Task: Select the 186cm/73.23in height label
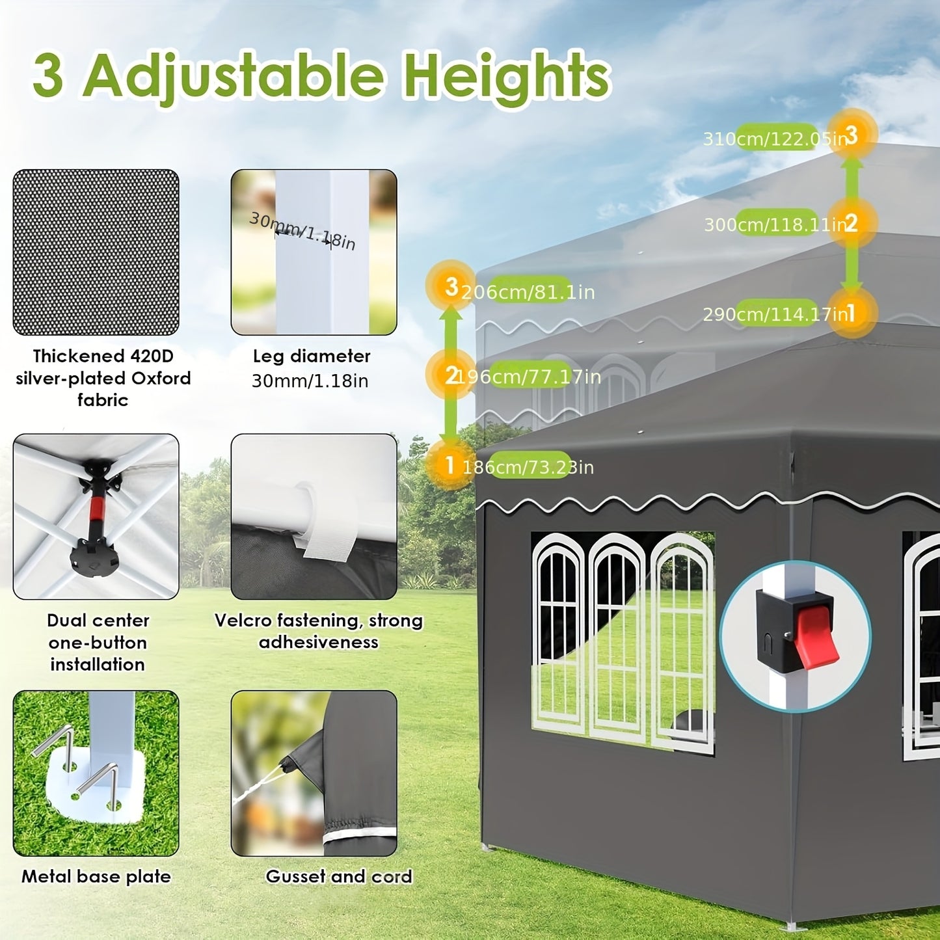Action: click(528, 467)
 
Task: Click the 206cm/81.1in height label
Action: click(528, 292)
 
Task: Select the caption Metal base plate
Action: click(96, 877)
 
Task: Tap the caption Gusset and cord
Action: click(339, 877)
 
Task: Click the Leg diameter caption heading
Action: click(312, 356)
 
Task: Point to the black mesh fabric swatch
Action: click(96, 252)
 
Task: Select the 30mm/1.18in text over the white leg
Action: click(302, 231)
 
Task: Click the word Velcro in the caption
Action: click(243, 621)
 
